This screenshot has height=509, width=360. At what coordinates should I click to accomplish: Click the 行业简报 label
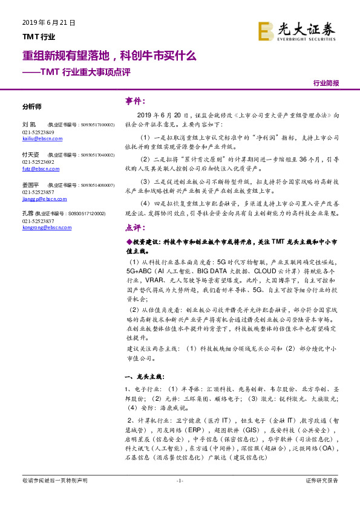click(x=326, y=84)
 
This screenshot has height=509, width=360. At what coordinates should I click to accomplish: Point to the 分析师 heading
click(x=31, y=106)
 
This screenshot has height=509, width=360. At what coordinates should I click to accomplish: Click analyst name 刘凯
click(x=27, y=123)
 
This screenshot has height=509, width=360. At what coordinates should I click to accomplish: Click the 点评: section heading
click(x=135, y=228)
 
